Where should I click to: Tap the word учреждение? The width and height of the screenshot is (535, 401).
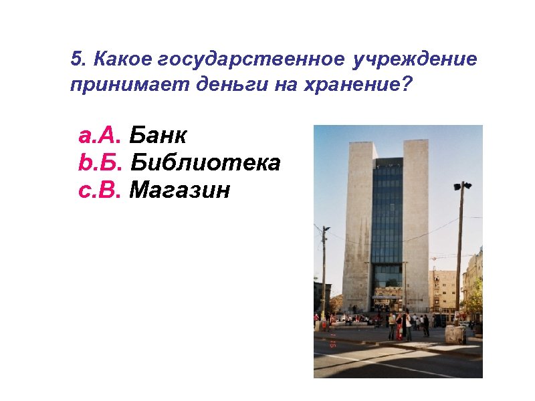(x=416, y=59)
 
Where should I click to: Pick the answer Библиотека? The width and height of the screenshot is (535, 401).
(x=205, y=162)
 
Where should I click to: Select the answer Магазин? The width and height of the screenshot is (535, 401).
(x=179, y=190)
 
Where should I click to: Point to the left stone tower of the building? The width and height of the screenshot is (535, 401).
(x=357, y=221)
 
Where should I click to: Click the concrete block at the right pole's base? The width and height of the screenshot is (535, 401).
(x=455, y=334)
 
